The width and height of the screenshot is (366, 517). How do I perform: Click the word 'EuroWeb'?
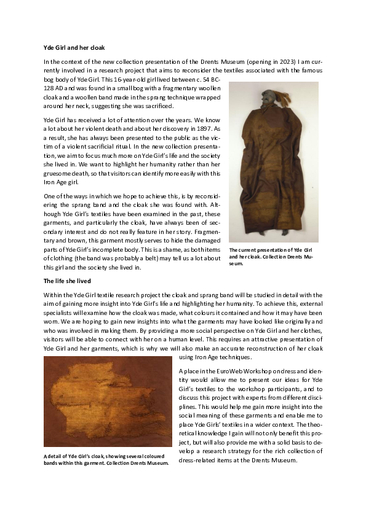[230, 371]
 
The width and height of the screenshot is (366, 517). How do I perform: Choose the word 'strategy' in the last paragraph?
[242, 451]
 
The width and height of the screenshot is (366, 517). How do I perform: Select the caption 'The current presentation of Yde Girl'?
[271, 251]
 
